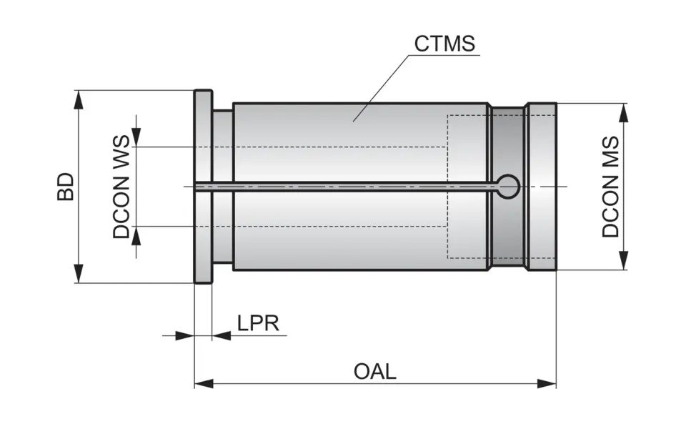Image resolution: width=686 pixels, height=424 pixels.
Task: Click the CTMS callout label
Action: click(x=444, y=44)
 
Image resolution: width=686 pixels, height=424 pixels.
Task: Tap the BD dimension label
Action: click(x=66, y=186)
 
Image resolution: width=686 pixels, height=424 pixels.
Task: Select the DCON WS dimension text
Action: click(x=121, y=187)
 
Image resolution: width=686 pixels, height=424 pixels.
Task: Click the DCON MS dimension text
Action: click(x=610, y=187)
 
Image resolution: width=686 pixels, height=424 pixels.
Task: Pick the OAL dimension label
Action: click(x=374, y=372)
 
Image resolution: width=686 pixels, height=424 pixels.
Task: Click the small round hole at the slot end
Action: click(x=509, y=186)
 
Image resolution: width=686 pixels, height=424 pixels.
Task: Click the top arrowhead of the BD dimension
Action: click(x=78, y=99)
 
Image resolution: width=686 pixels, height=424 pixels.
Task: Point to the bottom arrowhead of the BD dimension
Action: click(x=78, y=274)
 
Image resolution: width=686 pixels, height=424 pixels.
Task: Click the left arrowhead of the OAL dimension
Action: click(x=204, y=384)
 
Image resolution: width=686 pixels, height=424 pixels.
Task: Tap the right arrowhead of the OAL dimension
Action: click(x=547, y=384)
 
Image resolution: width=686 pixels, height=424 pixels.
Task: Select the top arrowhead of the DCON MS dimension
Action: click(x=625, y=113)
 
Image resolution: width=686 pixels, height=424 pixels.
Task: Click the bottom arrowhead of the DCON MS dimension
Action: click(x=625, y=261)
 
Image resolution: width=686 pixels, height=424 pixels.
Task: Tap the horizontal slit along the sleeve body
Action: click(x=343, y=186)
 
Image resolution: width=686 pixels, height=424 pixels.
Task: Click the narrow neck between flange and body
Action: click(x=222, y=143)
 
